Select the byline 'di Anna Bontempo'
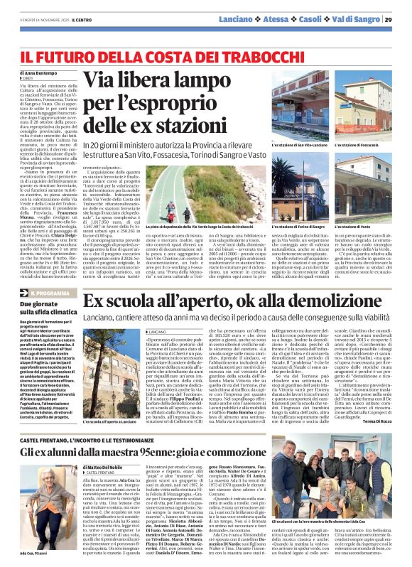38,72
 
